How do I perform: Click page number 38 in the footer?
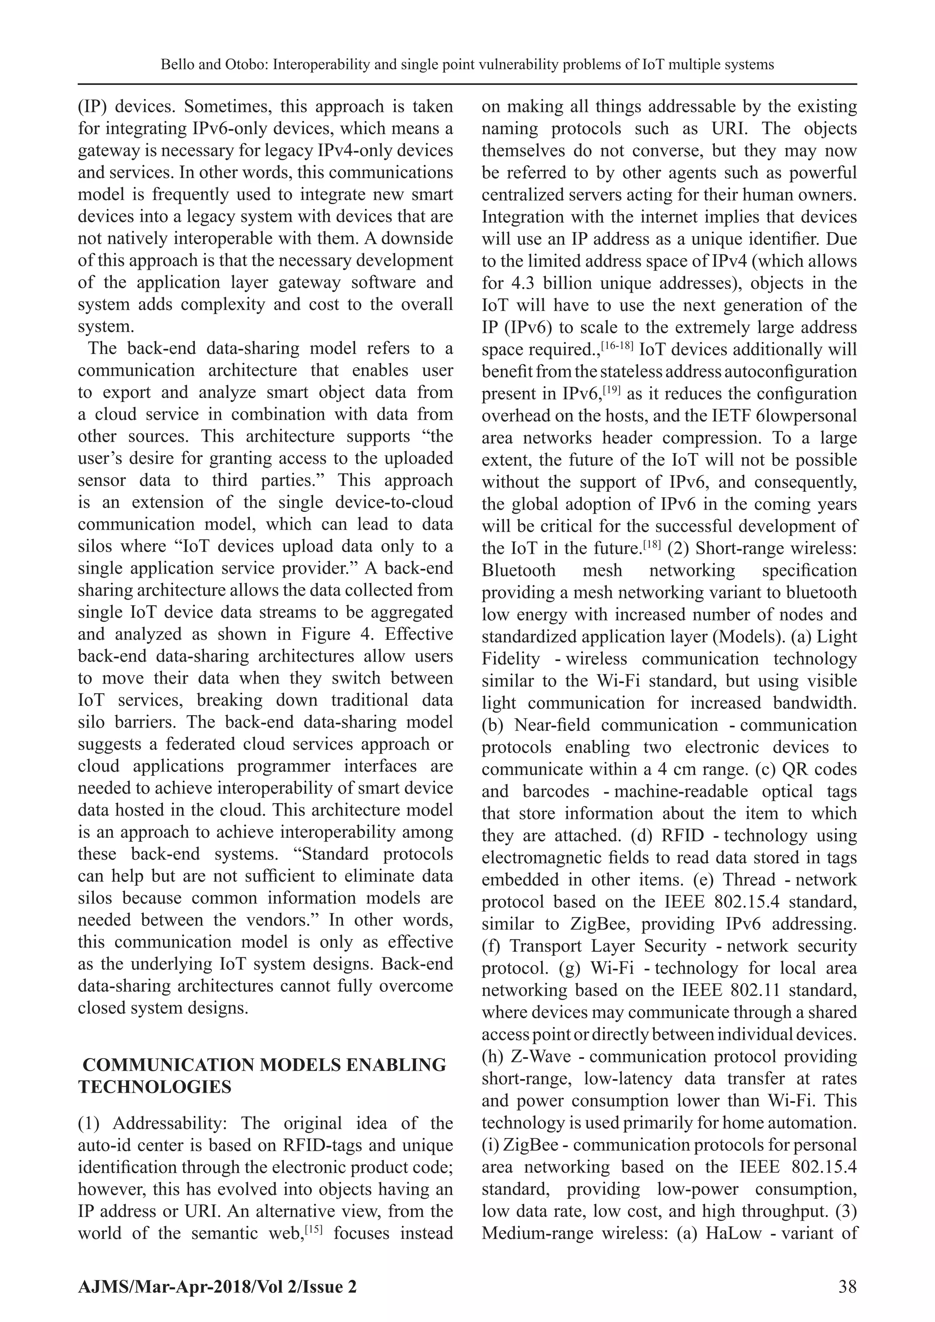(x=847, y=1286)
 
